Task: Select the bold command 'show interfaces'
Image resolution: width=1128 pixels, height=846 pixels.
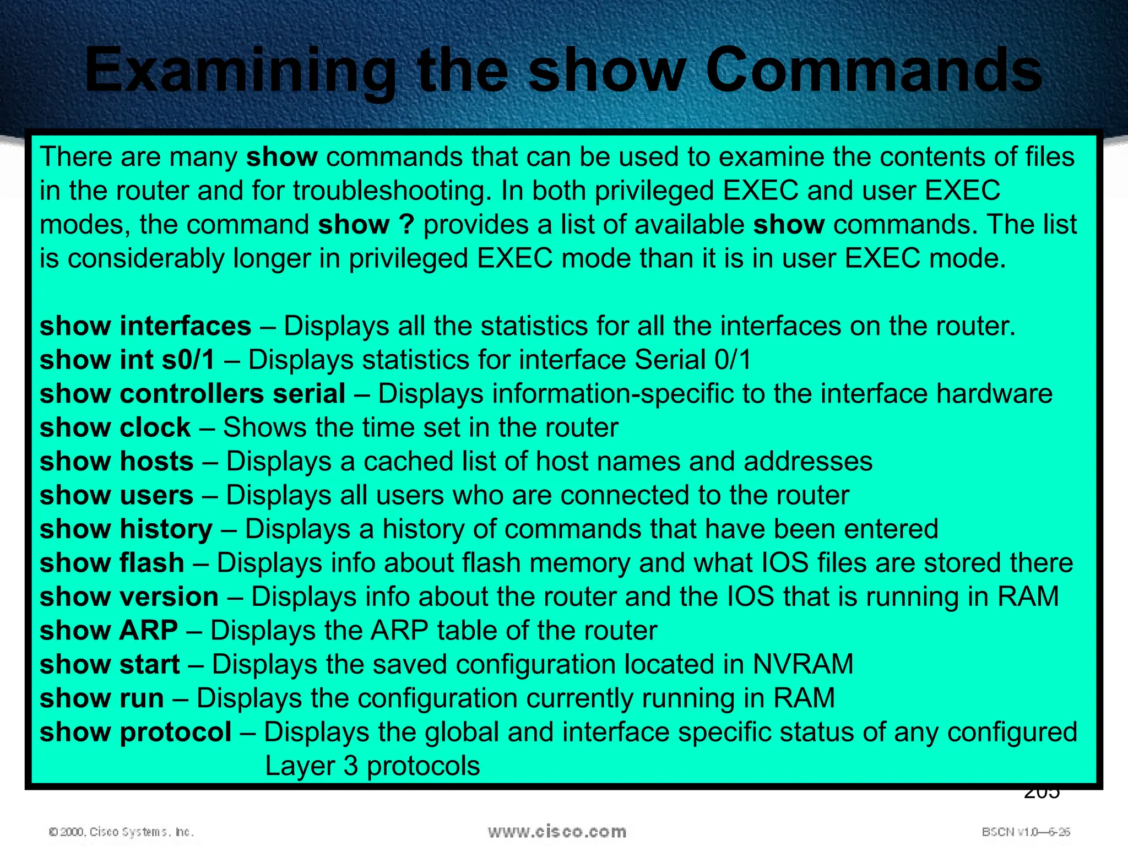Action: click(145, 326)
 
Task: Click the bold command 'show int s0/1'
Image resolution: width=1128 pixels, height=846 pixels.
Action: click(127, 360)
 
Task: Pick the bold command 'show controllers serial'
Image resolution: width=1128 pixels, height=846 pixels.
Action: click(193, 394)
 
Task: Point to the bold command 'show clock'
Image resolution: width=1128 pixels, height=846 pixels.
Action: click(115, 428)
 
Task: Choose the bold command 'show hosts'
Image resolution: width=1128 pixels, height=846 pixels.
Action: click(117, 462)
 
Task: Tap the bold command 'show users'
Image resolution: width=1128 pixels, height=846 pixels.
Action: click(117, 496)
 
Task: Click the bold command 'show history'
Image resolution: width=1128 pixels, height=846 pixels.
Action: click(126, 529)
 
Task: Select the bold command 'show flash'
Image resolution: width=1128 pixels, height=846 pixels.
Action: click(112, 563)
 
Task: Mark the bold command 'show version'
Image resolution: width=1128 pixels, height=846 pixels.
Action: click(129, 597)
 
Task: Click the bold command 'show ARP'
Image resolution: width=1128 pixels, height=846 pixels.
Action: click(109, 631)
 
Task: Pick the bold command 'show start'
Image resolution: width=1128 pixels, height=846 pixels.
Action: click(110, 664)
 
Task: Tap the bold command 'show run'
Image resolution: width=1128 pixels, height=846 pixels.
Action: click(102, 698)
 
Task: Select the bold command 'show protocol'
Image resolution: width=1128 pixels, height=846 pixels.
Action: click(135, 733)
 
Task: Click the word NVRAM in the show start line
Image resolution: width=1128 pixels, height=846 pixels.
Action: click(802, 664)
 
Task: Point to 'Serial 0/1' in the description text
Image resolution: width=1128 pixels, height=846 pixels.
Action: click(693, 360)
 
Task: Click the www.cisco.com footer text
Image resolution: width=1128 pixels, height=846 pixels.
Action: click(557, 831)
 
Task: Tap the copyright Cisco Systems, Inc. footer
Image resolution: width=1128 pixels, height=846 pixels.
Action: click(121, 832)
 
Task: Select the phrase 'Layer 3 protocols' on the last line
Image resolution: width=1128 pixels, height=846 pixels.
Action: click(372, 766)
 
